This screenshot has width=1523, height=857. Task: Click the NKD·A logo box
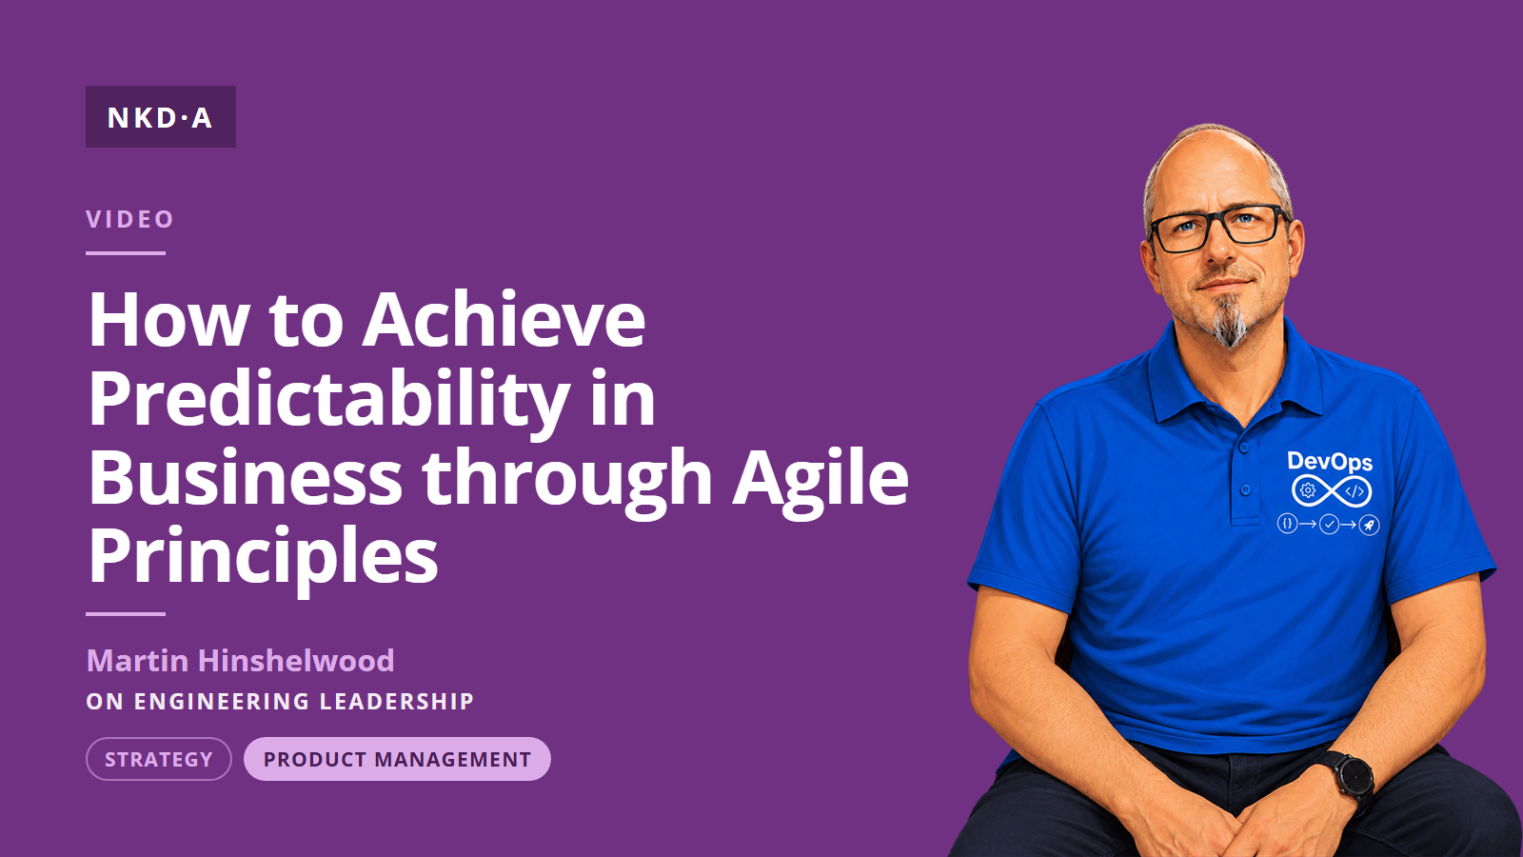pos(161,116)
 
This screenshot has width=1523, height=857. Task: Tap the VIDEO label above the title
pos(129,219)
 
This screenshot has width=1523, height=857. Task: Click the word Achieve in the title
pos(504,319)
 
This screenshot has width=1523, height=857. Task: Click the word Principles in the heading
pos(263,556)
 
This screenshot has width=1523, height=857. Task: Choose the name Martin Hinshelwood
pos(240,661)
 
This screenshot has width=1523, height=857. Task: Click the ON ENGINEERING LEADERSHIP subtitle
pos(280,701)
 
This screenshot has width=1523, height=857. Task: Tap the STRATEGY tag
pos(159,759)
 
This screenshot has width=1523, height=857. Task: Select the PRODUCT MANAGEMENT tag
pos(397,759)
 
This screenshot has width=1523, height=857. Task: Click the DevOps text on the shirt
pos(1330,462)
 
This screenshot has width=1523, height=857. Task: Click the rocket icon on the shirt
pos(1369,525)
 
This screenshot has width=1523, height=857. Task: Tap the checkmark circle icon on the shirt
pos(1329,525)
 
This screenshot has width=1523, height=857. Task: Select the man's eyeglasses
pos(1218,229)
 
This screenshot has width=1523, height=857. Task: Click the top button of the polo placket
pos(1244,448)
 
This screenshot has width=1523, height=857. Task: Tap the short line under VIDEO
pos(126,253)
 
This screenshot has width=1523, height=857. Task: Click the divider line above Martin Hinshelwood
pos(126,613)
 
